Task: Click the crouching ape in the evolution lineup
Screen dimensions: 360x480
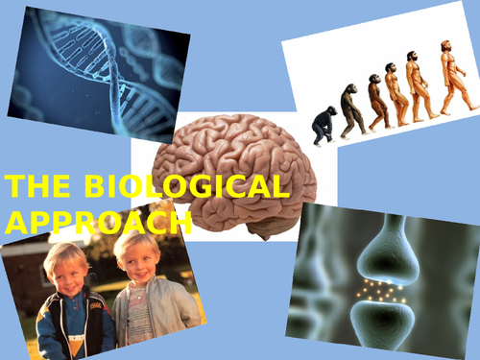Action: [324, 123]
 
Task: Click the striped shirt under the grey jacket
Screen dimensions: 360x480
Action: [140, 322]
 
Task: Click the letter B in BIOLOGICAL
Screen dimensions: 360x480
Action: [84, 186]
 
